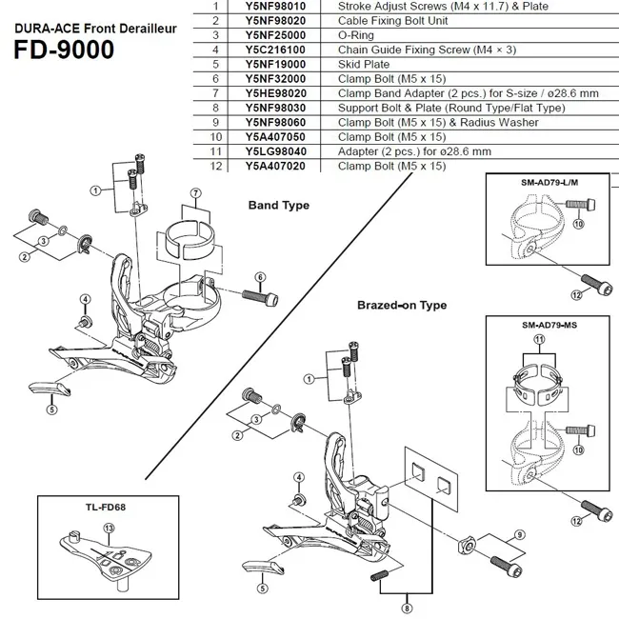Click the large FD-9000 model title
pos(65,49)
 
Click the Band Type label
pos(278,205)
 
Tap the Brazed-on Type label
pos(401,305)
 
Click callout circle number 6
pos(258,277)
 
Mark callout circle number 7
pos(196,193)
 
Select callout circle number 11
pos(541,340)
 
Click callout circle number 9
pos(519,534)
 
